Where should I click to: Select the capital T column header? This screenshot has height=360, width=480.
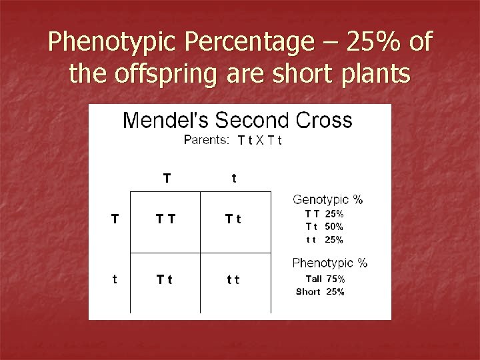[167, 178]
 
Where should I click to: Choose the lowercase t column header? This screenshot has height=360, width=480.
[233, 178]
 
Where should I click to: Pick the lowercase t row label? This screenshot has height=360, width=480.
[115, 281]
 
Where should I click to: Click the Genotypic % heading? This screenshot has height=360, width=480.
[328, 199]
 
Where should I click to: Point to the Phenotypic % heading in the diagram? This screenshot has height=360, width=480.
[329, 263]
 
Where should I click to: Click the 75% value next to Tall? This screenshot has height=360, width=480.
[335, 279]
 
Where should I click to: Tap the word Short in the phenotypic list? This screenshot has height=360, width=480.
[308, 292]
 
